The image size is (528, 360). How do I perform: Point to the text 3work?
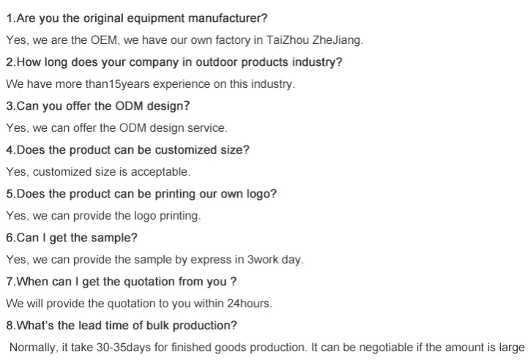point(264,260)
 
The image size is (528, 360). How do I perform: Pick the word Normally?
point(32,348)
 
